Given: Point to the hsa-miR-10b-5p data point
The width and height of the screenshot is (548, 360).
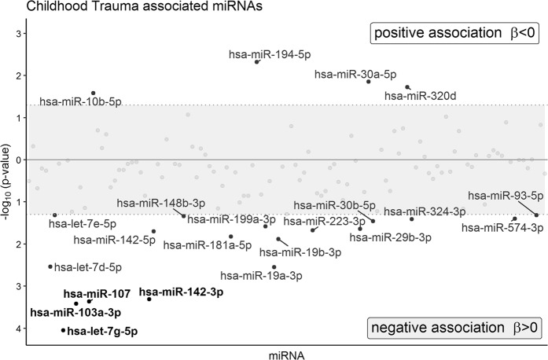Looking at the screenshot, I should (93, 94).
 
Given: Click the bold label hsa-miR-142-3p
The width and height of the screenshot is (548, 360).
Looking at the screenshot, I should (188, 292).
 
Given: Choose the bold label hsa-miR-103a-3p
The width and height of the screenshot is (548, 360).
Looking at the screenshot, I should (70, 312).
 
